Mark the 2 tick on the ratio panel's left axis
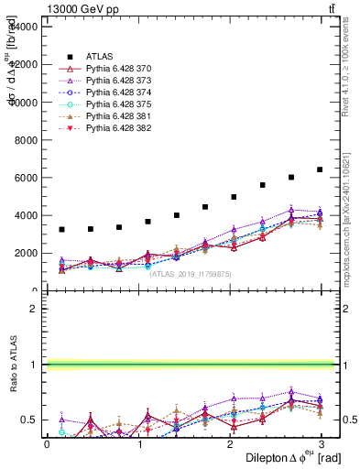coord(35,309)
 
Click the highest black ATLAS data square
coord(320,169)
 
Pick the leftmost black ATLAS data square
coord(61,229)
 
